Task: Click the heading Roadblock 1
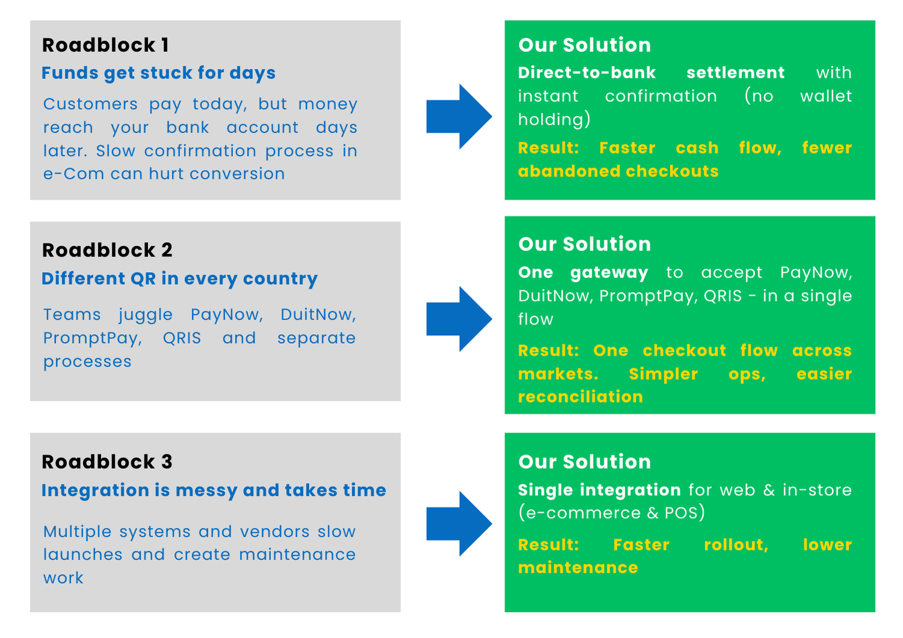pos(105,45)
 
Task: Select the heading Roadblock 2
pos(107,250)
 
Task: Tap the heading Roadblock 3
pos(107,462)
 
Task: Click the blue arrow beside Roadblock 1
pos(459,116)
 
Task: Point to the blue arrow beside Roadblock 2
pos(459,319)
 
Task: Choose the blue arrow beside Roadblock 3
pos(459,524)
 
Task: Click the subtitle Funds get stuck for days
pos(158,73)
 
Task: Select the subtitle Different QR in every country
pos(179,279)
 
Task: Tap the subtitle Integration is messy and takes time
pos(214,491)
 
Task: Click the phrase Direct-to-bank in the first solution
pos(586,73)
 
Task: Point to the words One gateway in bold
pos(583,273)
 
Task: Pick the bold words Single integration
pos(599,490)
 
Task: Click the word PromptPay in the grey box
pos(92,338)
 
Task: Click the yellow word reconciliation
pos(580,397)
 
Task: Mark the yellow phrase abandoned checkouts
pos(618,172)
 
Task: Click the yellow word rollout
pos(736,545)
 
